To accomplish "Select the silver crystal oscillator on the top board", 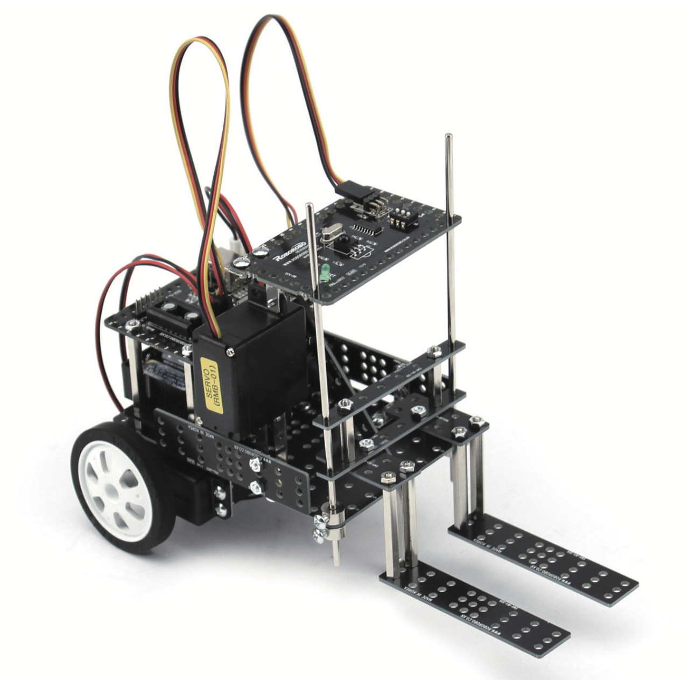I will click(x=328, y=235).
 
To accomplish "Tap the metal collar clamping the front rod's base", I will click(x=335, y=525).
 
